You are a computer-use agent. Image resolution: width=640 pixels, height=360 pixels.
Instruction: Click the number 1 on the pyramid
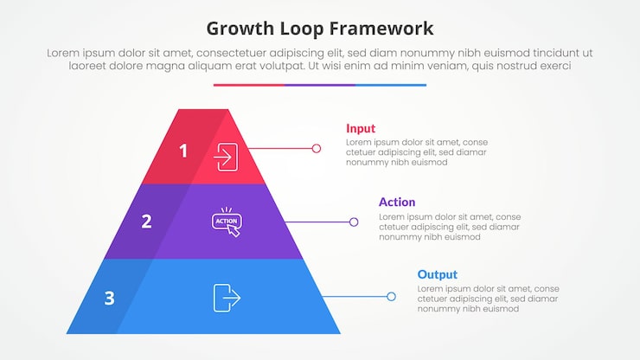pyautogui.click(x=183, y=151)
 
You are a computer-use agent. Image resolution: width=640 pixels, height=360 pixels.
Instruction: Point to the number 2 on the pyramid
pyautogui.click(x=146, y=222)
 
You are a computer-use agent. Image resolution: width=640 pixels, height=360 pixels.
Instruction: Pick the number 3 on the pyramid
pyautogui.click(x=109, y=299)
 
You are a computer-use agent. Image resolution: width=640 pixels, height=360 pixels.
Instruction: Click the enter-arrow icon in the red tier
pyautogui.click(x=227, y=157)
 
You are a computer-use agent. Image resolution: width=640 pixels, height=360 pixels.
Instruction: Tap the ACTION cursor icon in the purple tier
pyautogui.click(x=227, y=222)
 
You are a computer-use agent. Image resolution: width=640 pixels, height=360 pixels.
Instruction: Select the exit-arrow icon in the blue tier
pyautogui.click(x=227, y=297)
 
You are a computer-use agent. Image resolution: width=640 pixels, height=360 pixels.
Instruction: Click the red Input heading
pyautogui.click(x=361, y=128)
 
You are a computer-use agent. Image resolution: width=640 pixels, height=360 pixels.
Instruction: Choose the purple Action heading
pyautogui.click(x=397, y=202)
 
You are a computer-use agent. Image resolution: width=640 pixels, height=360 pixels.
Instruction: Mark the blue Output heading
pyautogui.click(x=438, y=274)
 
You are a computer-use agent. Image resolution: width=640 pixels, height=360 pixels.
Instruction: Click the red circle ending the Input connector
pyautogui.click(x=317, y=149)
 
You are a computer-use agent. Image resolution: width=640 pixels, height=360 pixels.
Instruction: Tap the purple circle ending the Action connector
pyautogui.click(x=354, y=222)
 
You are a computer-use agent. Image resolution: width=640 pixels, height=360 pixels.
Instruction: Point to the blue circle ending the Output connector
pyautogui.click(x=391, y=297)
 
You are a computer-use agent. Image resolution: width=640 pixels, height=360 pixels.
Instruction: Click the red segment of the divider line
pyautogui.click(x=248, y=85)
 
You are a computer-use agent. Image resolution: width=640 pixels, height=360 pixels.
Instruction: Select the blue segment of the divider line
pyautogui.click(x=391, y=85)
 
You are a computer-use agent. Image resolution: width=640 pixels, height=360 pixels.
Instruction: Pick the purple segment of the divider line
pyautogui.click(x=320, y=85)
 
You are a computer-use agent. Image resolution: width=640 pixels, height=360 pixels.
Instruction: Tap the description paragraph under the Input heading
pyautogui.click(x=416, y=152)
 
